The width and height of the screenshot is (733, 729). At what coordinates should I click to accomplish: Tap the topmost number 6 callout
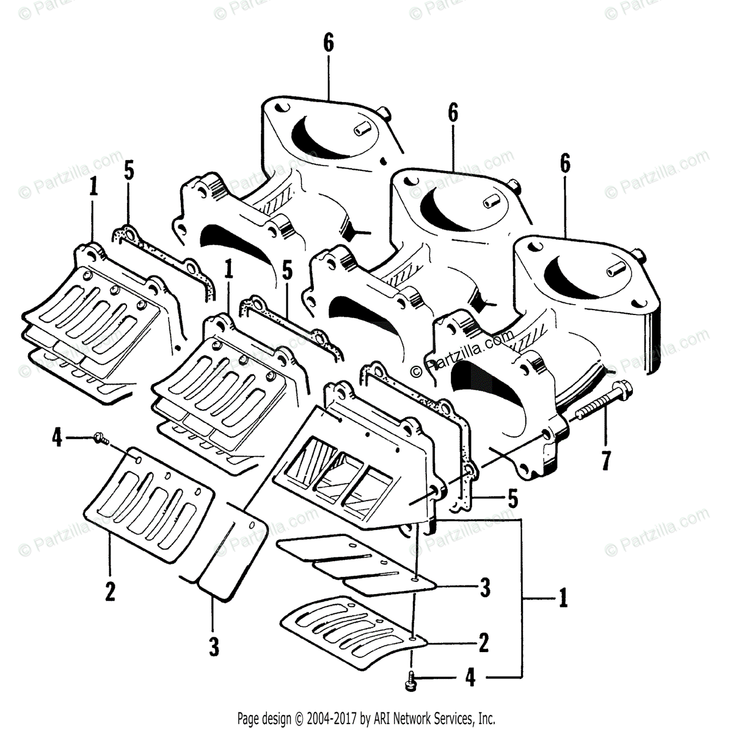click(x=329, y=44)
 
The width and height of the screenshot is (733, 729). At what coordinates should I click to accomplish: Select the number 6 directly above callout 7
click(x=564, y=164)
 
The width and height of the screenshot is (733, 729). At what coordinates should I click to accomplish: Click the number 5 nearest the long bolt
click(x=512, y=498)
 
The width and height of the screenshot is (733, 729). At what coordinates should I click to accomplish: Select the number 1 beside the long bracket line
click(x=563, y=598)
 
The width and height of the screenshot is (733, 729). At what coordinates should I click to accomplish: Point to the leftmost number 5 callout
click(x=128, y=170)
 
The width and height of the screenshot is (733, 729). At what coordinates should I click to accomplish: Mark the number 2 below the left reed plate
click(x=110, y=591)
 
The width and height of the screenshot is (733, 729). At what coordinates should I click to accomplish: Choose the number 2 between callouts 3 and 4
click(x=483, y=642)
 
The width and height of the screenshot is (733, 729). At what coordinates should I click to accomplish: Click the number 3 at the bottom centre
click(x=213, y=646)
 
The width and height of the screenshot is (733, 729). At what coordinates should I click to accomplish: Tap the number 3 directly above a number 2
click(x=484, y=588)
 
